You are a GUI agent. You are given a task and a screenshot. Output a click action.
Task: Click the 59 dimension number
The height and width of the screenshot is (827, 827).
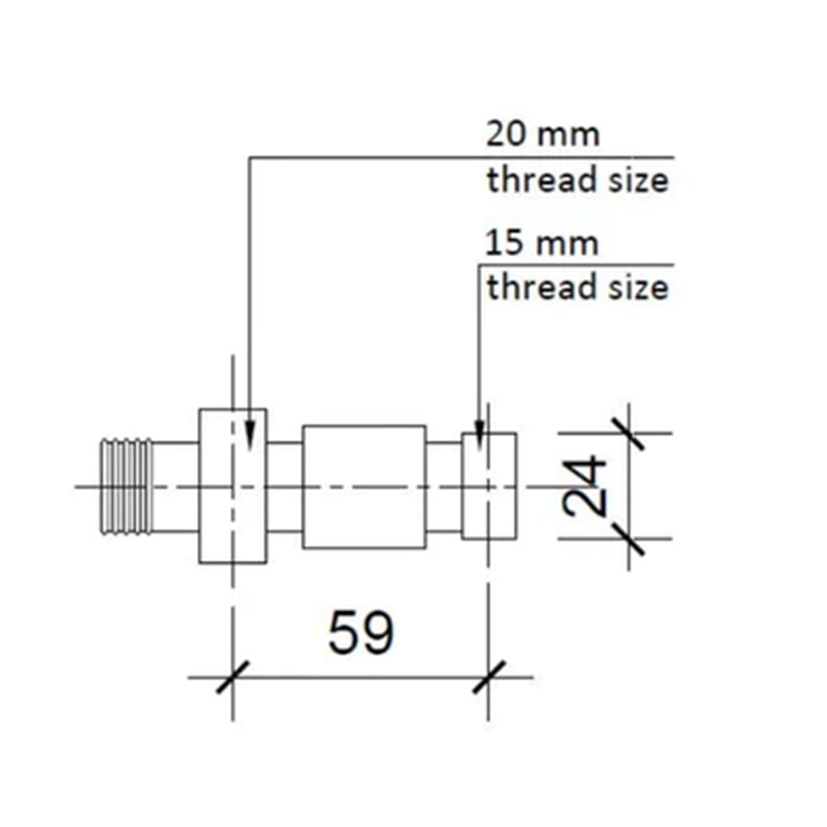(x=361, y=634)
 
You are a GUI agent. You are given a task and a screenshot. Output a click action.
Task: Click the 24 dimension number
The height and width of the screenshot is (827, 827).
(x=586, y=485)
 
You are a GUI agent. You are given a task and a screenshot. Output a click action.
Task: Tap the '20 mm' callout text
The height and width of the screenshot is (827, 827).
(x=542, y=134)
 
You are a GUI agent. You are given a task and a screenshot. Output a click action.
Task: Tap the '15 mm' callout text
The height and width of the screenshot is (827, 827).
(x=542, y=244)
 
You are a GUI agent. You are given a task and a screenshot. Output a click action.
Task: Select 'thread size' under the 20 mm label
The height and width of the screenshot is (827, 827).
(x=576, y=180)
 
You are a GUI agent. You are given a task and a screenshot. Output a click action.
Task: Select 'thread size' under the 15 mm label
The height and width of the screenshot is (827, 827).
(x=576, y=288)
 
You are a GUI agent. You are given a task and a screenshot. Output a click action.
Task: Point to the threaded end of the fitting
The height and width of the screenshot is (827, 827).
(x=126, y=485)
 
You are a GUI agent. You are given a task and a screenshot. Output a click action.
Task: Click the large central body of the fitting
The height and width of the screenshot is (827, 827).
(x=364, y=487)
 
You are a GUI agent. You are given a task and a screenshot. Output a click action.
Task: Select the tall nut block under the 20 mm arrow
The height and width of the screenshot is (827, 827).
(x=232, y=486)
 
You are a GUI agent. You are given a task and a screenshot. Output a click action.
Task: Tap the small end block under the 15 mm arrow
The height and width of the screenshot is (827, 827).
(x=489, y=485)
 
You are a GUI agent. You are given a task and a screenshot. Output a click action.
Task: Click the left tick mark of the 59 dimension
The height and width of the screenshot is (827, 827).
(x=232, y=677)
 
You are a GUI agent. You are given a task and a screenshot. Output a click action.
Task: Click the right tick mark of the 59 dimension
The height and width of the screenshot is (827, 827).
(x=488, y=677)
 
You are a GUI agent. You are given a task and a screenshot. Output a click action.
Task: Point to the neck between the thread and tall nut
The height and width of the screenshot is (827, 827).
(x=175, y=486)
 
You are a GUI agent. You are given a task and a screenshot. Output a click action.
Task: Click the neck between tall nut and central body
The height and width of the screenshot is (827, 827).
(x=284, y=486)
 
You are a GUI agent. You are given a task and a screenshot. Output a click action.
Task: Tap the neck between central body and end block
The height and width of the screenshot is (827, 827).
(x=443, y=486)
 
